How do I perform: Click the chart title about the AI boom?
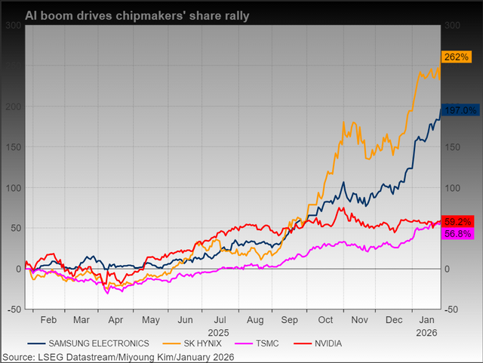138,15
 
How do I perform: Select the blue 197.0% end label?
459,110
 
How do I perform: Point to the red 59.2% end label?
459,221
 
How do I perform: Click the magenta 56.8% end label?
459,234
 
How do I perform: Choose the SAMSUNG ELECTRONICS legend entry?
94,343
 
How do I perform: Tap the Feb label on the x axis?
49,319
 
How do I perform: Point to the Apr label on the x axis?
116,319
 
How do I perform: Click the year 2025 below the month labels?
218,331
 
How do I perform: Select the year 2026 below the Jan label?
427,331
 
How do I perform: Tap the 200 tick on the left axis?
14,106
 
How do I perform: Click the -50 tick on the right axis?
451,309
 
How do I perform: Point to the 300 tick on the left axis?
14,25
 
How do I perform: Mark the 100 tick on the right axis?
451,188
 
